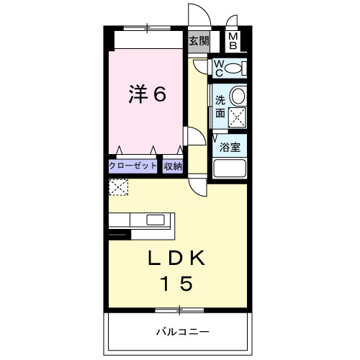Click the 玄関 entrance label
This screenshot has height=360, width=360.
pos(198,41)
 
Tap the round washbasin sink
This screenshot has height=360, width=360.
pos(238,96)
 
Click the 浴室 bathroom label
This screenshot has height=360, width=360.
pos(230,148)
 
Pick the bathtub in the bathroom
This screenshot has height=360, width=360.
pos(230,170)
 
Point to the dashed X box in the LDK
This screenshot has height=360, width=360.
pos(117,188)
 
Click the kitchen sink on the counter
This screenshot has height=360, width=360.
pos(155,220)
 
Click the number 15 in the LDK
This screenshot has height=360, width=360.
pos(176,284)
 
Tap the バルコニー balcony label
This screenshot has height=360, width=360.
pos(182,332)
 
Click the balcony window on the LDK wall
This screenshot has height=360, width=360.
pos(178,310)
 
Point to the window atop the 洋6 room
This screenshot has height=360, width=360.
pos(148,29)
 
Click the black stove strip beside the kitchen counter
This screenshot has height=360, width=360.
pos(119,233)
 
